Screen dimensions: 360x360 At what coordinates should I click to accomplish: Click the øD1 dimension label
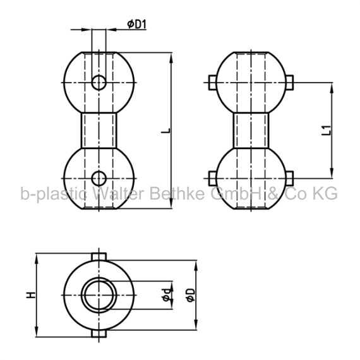(x=137, y=24)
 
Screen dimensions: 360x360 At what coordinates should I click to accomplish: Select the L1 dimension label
(x=327, y=130)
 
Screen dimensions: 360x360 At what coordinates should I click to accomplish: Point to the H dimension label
(x=31, y=295)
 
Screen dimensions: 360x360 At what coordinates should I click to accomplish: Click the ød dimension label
(x=167, y=295)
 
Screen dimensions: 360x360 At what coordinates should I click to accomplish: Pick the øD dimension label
(x=191, y=295)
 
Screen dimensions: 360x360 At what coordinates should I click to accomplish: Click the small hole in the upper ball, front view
(x=99, y=83)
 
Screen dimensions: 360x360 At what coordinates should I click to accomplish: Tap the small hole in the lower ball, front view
(x=99, y=178)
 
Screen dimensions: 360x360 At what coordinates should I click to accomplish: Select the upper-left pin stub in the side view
(x=213, y=83)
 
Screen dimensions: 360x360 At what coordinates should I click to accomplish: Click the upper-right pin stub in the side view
(x=289, y=83)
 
